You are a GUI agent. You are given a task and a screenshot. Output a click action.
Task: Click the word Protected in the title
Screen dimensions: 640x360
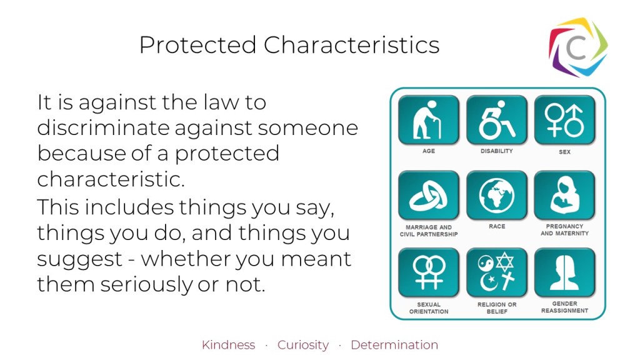click(x=198, y=44)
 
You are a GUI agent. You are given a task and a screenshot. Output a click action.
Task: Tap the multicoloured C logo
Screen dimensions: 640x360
click(x=578, y=47)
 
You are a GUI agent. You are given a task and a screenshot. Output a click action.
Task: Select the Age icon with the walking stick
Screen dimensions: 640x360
click(x=429, y=120)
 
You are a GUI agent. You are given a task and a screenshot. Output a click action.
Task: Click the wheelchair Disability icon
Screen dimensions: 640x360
click(x=497, y=120)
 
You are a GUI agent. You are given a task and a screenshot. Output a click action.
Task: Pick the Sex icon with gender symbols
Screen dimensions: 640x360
click(x=565, y=120)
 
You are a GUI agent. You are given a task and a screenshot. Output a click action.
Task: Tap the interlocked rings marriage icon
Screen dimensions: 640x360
click(x=429, y=196)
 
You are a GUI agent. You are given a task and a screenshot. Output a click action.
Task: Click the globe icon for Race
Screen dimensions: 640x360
click(x=497, y=196)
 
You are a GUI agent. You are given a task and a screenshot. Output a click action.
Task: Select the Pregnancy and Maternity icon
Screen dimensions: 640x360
click(x=565, y=196)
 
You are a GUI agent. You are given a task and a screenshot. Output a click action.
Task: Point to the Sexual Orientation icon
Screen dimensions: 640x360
click(x=429, y=272)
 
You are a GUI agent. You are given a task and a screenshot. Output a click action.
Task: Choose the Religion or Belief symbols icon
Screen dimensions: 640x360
click(x=497, y=272)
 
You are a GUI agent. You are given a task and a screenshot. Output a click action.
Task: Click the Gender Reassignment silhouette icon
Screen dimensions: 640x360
click(x=565, y=272)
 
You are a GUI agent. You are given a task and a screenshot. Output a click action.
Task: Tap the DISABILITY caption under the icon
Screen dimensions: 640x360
click(x=497, y=151)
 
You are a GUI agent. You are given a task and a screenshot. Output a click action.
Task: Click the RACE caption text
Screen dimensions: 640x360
click(x=497, y=226)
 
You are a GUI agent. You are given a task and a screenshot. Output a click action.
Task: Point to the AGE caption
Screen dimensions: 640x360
click(x=429, y=151)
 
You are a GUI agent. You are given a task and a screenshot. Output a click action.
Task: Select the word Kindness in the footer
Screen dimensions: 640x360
click(x=228, y=345)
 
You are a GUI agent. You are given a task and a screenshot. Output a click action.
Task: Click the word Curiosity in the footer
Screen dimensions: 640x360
click(x=303, y=345)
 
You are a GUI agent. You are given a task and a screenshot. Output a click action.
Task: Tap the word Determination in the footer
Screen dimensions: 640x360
click(x=394, y=345)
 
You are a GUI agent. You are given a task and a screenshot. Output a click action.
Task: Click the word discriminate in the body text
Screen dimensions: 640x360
click(x=103, y=127)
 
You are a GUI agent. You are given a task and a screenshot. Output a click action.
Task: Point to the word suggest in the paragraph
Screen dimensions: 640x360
click(x=79, y=259)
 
